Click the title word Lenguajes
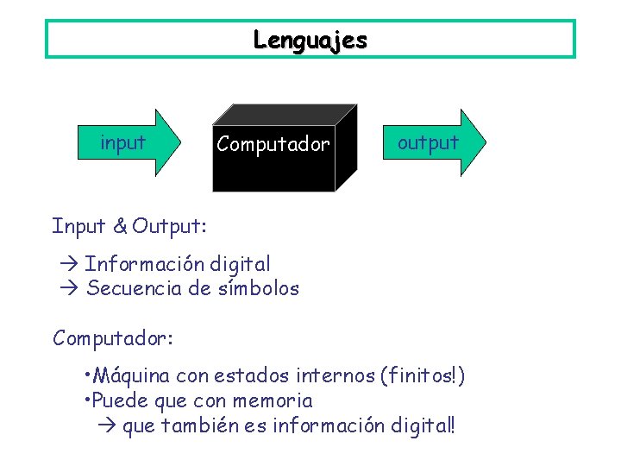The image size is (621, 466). click(x=310, y=40)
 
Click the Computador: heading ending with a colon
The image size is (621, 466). click(x=113, y=338)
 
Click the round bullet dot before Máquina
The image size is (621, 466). click(x=88, y=376)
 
